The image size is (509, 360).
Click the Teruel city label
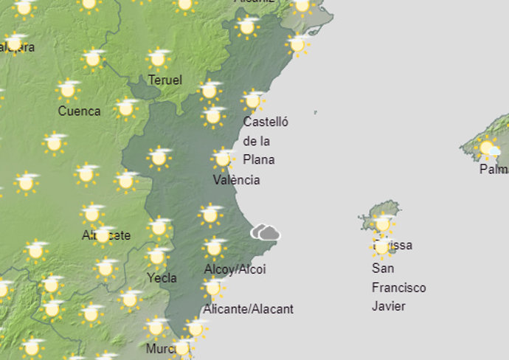click(x=165, y=80)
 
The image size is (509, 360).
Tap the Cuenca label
click(x=79, y=111)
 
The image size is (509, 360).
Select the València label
click(x=236, y=180)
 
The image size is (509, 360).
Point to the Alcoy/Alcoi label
click(x=235, y=269)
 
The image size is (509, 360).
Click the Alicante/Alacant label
click(x=248, y=309)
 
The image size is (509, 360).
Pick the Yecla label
click(x=162, y=278)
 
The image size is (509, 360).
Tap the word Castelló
click(x=266, y=122)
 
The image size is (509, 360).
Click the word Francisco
click(x=398, y=288)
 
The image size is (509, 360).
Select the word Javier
click(x=389, y=306)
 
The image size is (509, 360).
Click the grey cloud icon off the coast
click(x=266, y=233)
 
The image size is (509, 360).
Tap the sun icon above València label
click(x=222, y=159)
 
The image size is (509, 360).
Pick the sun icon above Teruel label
click(x=158, y=58)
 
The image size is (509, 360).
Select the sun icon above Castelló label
click(x=253, y=100)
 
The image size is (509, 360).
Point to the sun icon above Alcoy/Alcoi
click(x=215, y=247)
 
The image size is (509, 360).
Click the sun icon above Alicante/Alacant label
click(x=213, y=288)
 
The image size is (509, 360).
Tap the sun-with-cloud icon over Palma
click(x=489, y=150)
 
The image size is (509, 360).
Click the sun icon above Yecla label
click(x=156, y=257)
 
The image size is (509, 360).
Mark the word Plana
click(x=259, y=160)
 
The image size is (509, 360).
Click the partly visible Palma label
click(x=494, y=170)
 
